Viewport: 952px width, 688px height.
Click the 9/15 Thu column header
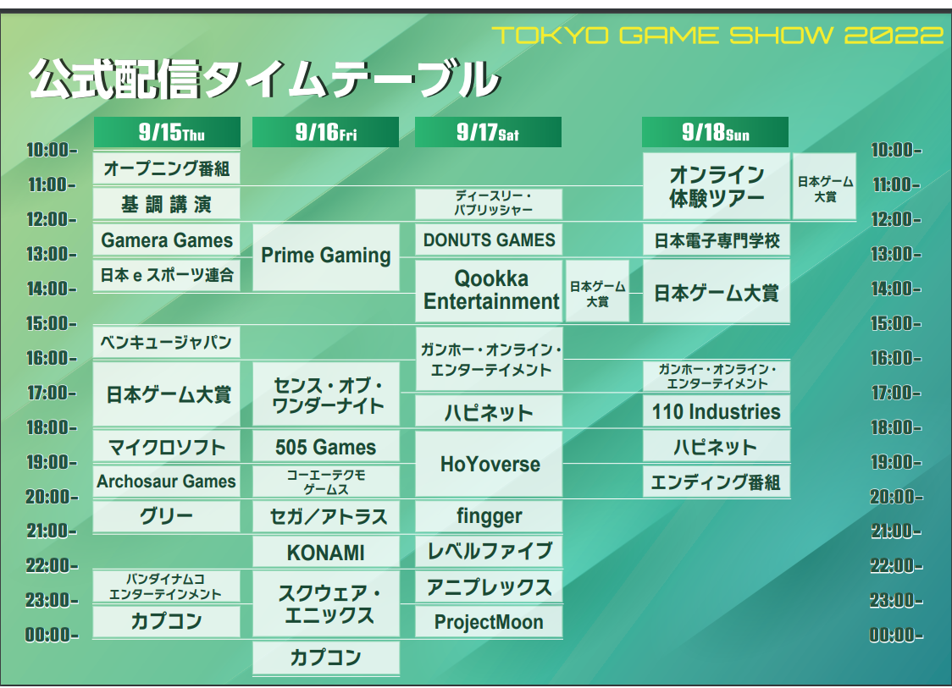[167, 132]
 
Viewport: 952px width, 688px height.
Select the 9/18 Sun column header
[715, 132]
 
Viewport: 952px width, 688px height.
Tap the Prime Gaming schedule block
[326, 256]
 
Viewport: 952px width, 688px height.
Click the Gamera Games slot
[167, 239]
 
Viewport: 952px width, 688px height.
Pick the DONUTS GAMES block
[489, 239]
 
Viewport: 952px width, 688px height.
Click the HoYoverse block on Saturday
[489, 464]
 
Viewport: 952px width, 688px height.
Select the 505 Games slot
[326, 447]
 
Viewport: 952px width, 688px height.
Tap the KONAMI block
[326, 552]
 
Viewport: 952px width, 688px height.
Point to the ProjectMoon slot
[489, 621]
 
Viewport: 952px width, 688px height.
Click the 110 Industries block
[717, 411]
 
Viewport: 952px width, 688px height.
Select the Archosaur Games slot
[167, 482]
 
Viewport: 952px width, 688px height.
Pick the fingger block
[489, 515]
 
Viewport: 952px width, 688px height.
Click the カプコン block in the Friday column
[326, 657]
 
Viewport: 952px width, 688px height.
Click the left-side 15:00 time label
[52, 323]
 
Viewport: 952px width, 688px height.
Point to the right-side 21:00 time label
[896, 531]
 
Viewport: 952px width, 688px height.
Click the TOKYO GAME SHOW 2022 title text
[717, 36]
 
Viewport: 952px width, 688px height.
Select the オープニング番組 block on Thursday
[167, 168]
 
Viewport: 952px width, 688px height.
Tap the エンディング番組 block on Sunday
[717, 482]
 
